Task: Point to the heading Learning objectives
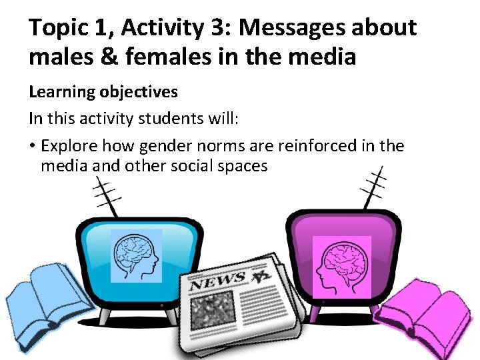click(x=103, y=91)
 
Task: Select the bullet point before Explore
click(x=33, y=146)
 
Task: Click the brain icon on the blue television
click(x=136, y=256)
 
